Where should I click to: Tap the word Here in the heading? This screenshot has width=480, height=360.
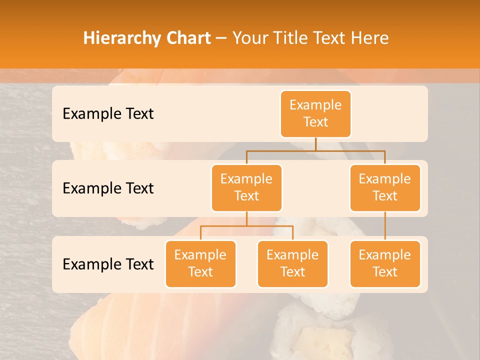(370, 38)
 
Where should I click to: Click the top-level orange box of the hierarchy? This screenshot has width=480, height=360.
(315, 114)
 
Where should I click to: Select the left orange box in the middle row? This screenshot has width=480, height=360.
(246, 188)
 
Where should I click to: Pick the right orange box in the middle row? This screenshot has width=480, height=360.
(385, 188)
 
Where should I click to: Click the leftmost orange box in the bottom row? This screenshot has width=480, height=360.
(200, 264)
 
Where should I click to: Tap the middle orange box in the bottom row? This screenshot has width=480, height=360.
(292, 264)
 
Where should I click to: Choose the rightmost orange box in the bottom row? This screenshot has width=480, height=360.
(385, 264)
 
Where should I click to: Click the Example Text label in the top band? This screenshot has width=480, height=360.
(108, 114)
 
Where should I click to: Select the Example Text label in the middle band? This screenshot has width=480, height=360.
(108, 188)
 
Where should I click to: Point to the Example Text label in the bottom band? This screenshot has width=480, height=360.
(108, 264)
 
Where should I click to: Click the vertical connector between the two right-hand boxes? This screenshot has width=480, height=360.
(385, 226)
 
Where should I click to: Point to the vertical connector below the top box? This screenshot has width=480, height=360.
(315, 144)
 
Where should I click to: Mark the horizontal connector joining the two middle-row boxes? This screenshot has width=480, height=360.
(315, 150)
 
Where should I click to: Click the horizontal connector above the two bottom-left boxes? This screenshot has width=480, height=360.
(246, 226)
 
